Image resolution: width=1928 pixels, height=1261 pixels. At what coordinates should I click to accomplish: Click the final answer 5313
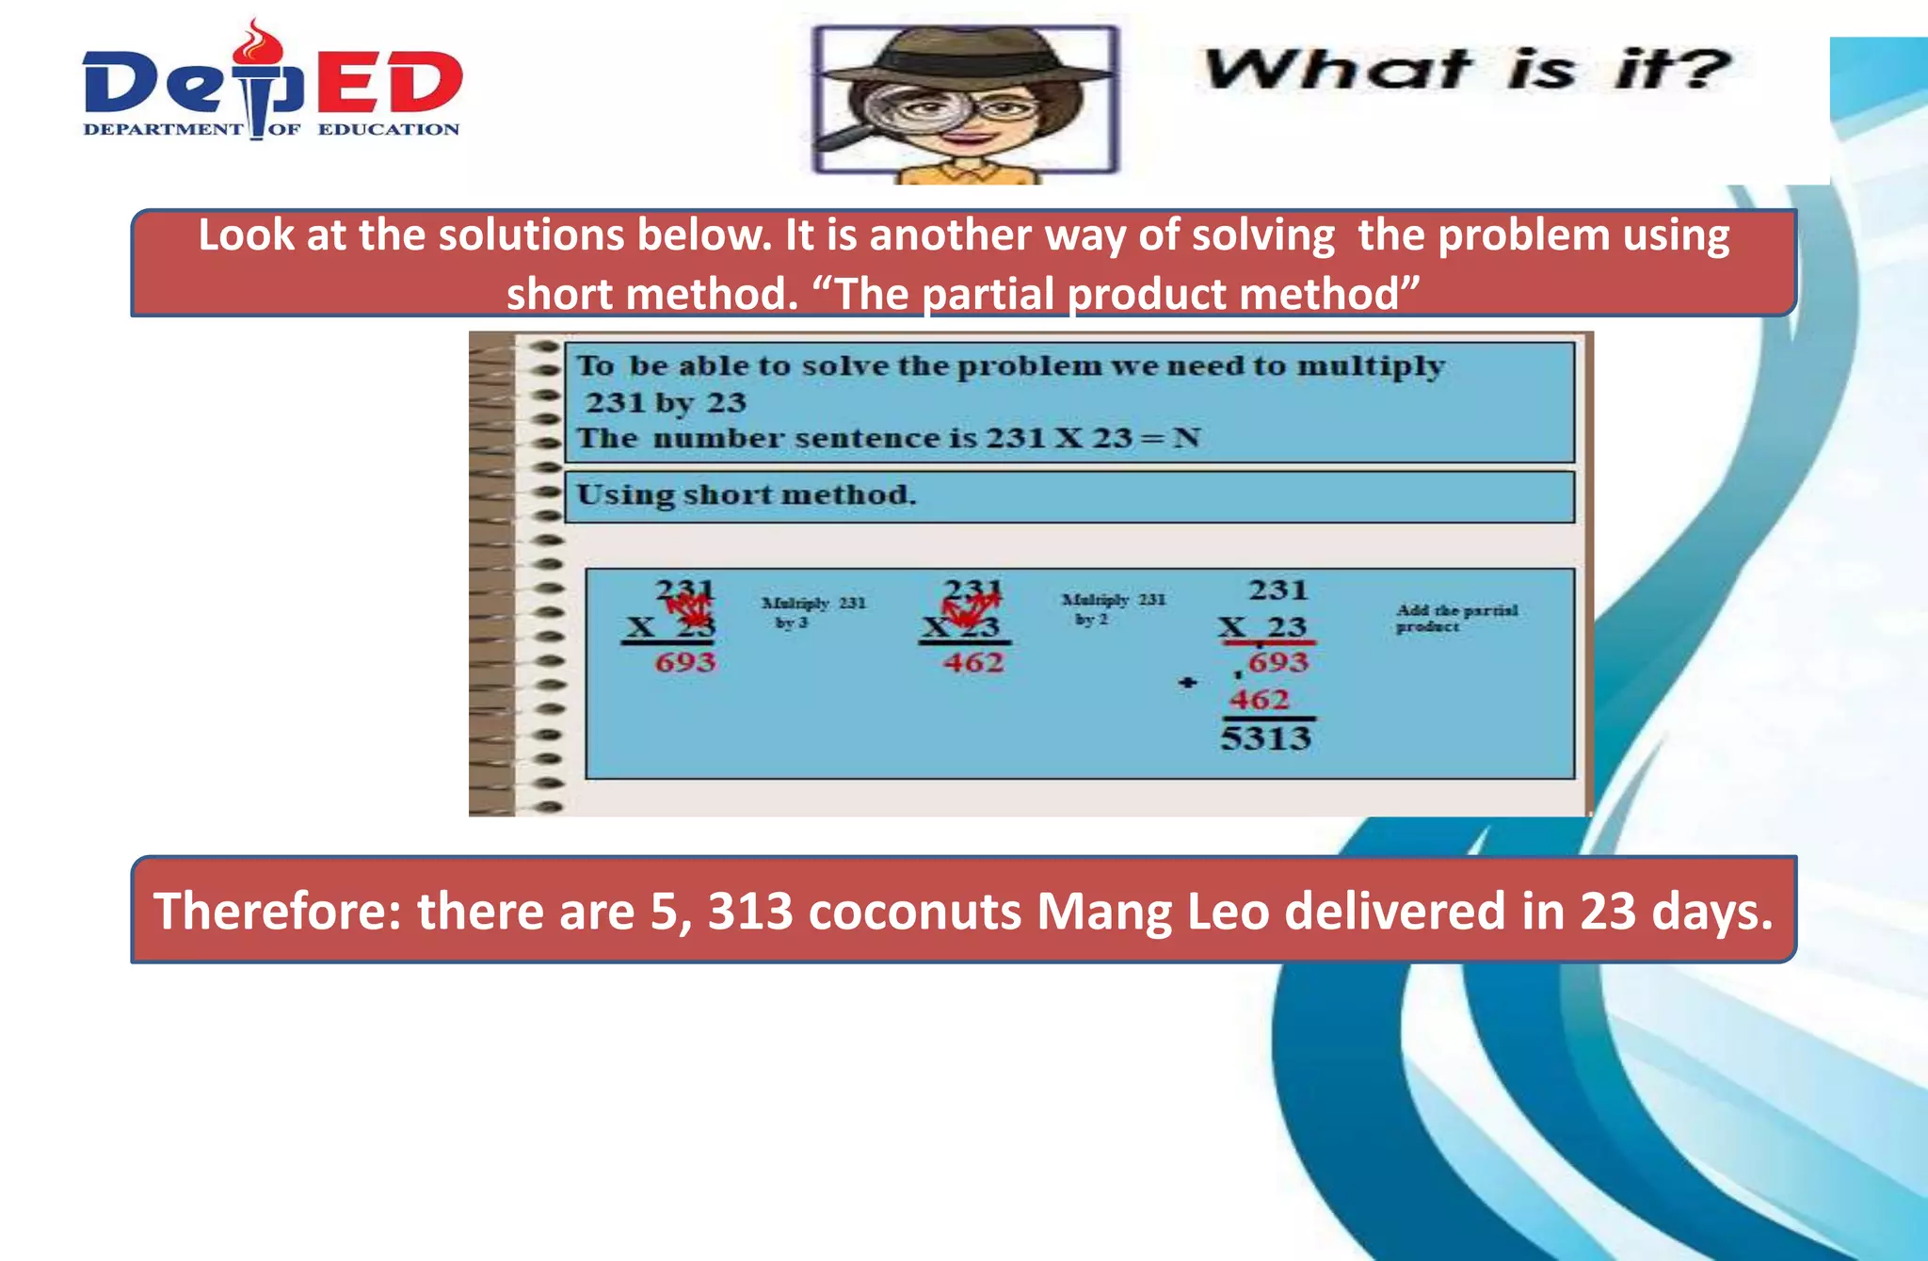pos(1265,737)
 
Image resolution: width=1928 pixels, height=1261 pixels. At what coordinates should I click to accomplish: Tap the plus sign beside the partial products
pos(1188,683)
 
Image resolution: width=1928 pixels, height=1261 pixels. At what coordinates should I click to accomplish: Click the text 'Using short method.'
pos(746,495)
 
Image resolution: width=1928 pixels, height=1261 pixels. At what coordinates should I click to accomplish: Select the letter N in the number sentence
pos(1186,438)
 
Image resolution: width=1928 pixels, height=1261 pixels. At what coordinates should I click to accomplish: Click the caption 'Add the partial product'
pos(1455,618)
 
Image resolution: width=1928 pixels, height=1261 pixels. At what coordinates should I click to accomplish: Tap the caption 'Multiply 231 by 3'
pos(812,612)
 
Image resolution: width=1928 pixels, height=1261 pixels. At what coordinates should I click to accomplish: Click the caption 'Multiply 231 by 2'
pos(1113,608)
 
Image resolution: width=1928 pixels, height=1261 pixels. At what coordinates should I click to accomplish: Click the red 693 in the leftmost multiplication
pos(685,662)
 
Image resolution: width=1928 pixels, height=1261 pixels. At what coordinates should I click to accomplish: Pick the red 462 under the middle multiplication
pos(973,663)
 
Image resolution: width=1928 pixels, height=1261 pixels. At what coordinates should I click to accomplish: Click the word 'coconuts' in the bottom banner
pos(914,912)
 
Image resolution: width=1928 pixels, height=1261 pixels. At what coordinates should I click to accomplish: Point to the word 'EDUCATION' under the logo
pos(388,130)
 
